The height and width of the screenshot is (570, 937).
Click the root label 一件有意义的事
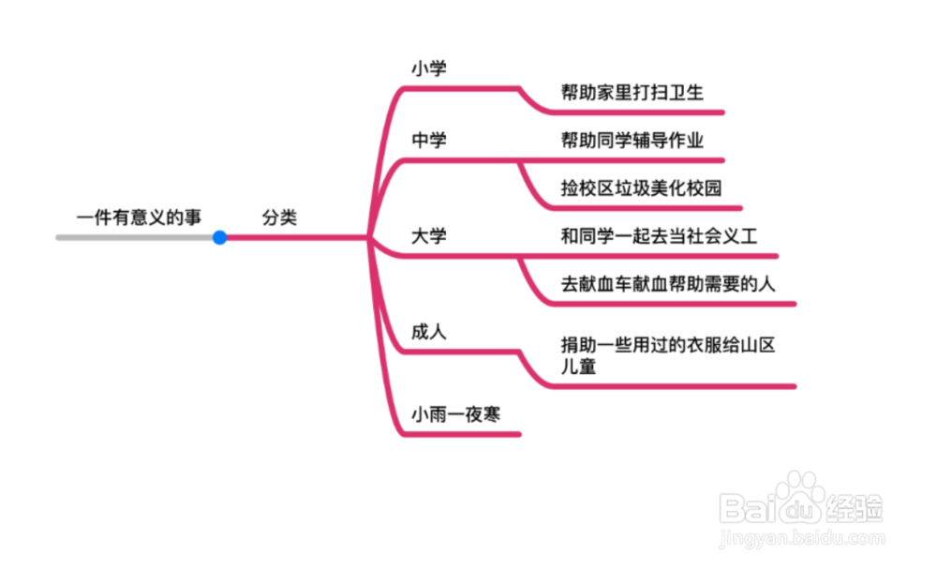(139, 218)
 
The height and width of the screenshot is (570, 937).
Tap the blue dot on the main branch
(219, 238)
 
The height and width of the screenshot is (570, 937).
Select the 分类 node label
(279, 218)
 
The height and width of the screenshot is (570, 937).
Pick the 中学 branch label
(429, 141)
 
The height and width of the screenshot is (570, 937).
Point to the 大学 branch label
(429, 235)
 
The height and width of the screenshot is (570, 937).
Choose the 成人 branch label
(429, 332)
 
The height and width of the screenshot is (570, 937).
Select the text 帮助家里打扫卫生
(632, 92)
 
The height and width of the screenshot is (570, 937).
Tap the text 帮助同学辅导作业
(632, 141)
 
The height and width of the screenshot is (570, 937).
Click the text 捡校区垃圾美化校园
(642, 187)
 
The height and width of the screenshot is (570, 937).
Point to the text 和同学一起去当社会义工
(659, 235)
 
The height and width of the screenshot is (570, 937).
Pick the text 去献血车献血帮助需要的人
(668, 283)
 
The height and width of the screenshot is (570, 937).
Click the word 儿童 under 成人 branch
(578, 367)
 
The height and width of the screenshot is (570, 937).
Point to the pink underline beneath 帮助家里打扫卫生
(637, 112)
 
